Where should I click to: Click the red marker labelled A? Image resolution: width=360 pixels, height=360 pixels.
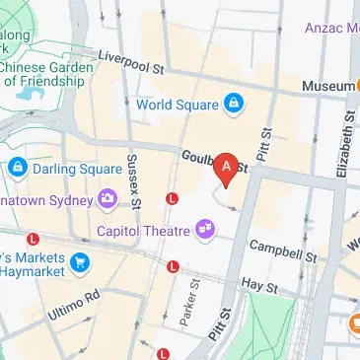[228, 170]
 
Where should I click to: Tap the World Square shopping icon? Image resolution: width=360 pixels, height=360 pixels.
[234, 102]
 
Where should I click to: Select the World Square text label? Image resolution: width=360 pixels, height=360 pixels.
[180, 103]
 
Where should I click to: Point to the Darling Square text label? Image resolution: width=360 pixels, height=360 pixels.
[71, 167]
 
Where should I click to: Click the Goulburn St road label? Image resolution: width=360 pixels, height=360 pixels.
[211, 162]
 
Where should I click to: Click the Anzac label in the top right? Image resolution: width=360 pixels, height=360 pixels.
[330, 27]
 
